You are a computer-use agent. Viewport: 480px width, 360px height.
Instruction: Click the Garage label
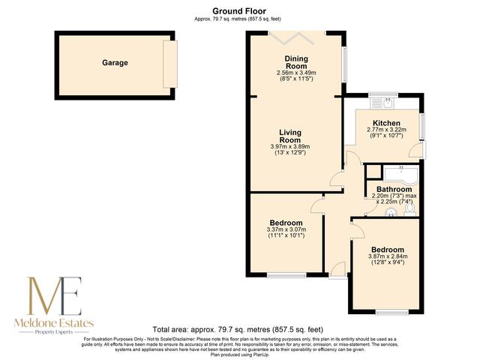[x=115, y=63]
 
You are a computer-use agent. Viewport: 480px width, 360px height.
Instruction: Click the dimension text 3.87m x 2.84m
[x=386, y=257]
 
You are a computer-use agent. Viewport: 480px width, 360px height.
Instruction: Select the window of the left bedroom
[x=286, y=275]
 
